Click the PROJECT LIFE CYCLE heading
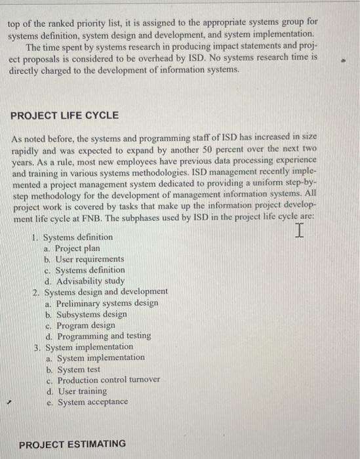(x=64, y=115)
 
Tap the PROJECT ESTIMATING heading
(x=72, y=445)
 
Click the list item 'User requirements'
(x=89, y=259)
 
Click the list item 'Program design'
(x=86, y=325)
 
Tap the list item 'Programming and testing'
(x=104, y=336)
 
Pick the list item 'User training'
(x=82, y=391)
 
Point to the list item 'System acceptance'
(x=92, y=402)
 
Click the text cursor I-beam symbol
(x=299, y=231)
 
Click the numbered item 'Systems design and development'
(x=106, y=292)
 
